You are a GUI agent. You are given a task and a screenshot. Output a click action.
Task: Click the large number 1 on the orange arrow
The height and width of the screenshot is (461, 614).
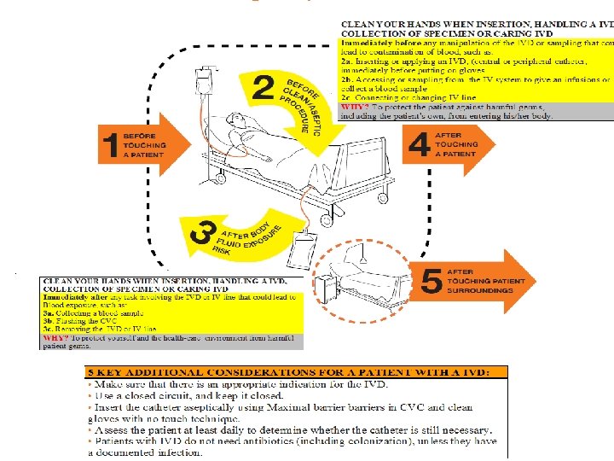click(x=108, y=146)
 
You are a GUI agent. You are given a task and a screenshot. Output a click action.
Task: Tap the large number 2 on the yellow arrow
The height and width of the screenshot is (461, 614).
click(x=264, y=86)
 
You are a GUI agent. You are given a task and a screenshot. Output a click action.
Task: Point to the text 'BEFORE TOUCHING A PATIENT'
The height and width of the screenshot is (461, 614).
click(x=143, y=146)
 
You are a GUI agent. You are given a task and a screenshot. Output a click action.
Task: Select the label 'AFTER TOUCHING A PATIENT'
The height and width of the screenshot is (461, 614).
click(x=456, y=144)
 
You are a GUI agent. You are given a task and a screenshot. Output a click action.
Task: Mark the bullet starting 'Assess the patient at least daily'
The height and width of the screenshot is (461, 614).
click(x=290, y=430)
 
